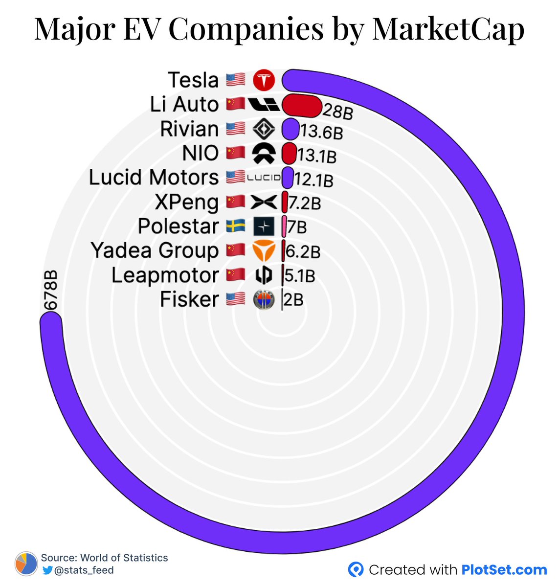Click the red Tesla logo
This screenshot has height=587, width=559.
click(264, 80)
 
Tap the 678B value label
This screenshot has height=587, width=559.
click(50, 290)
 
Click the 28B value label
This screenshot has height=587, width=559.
click(338, 111)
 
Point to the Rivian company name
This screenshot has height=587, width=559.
click(189, 129)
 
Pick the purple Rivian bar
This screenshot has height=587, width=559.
click(290, 130)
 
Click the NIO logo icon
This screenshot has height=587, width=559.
click(264, 154)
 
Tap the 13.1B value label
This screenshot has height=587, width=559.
click(317, 156)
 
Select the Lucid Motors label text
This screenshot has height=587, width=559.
click(154, 178)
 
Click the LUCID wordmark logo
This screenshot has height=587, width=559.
click(264, 178)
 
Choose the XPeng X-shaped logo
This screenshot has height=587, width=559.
click(264, 202)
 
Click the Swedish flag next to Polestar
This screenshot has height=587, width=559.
click(236, 226)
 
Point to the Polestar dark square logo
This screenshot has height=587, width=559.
click(264, 226)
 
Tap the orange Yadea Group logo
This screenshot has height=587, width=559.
click(264, 251)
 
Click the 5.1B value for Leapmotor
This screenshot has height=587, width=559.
click(300, 276)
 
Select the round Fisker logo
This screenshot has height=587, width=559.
click(264, 299)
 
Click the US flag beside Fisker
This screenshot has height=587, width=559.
click(236, 299)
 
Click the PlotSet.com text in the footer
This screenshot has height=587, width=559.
click(504, 570)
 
